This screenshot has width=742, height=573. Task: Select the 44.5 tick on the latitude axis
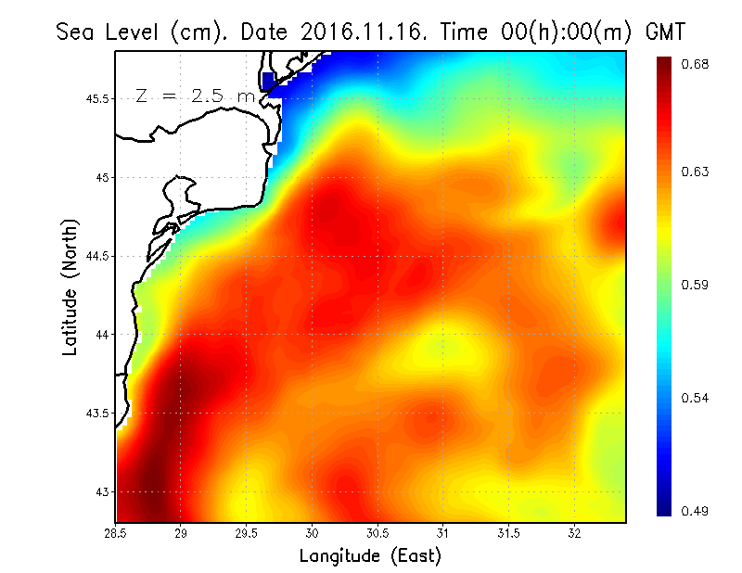[98, 256]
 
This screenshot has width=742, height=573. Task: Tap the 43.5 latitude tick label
[98, 413]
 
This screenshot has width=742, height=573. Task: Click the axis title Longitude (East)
[370, 556]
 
